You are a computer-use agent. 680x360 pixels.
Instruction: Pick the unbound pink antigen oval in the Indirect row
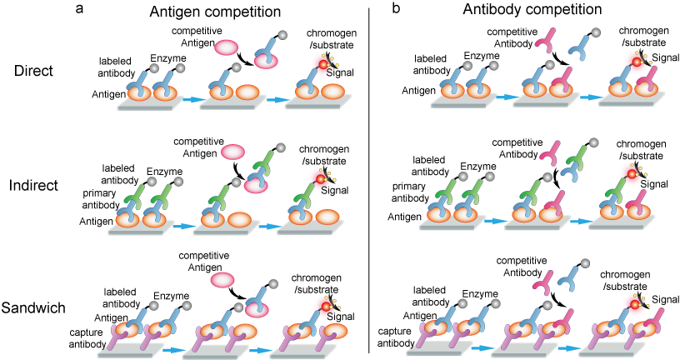232,152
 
